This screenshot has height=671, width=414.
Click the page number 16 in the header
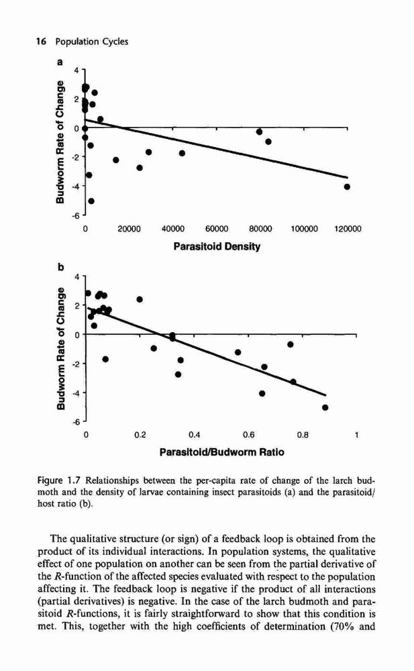click(x=42, y=42)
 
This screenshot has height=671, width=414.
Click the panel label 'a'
click(x=60, y=62)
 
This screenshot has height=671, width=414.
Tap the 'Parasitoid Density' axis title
click(x=217, y=246)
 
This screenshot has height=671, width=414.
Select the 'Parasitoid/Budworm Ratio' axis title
click(x=221, y=452)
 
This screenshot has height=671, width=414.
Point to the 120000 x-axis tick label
click(x=347, y=229)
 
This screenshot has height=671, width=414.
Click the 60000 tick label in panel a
click(x=217, y=229)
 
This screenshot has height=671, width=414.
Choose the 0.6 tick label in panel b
click(x=248, y=435)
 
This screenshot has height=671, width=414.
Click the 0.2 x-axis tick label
click(x=140, y=435)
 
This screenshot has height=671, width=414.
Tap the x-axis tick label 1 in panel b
click(x=356, y=435)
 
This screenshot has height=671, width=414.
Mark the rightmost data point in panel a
click(x=347, y=187)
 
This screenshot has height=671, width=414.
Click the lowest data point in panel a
click(x=91, y=201)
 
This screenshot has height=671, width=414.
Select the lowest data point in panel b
click(x=325, y=407)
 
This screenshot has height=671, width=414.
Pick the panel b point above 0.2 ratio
click(x=140, y=299)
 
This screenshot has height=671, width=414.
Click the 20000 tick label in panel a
click(x=130, y=229)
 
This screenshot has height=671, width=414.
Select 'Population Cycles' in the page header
click(x=92, y=42)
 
